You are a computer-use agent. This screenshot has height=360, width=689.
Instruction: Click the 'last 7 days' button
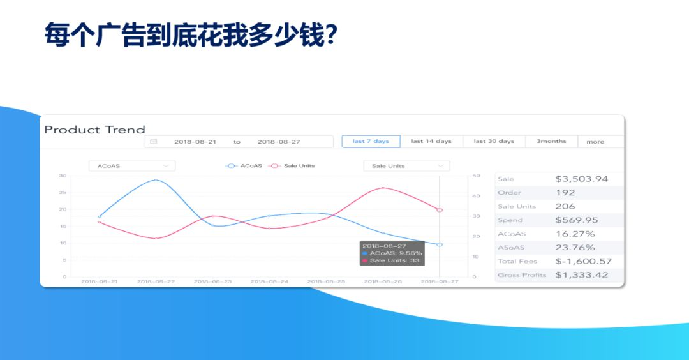[371, 142]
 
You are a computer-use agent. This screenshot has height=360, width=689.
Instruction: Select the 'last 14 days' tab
[431, 142]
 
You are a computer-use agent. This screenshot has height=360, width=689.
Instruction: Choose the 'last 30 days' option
[494, 142]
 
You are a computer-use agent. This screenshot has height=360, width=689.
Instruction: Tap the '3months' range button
[551, 142]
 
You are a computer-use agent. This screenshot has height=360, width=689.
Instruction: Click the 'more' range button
[595, 142]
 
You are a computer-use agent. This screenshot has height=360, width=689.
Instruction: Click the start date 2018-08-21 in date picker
[195, 142]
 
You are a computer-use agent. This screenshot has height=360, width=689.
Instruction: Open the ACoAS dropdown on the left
[132, 166]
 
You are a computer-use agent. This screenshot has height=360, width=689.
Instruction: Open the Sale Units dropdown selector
[407, 166]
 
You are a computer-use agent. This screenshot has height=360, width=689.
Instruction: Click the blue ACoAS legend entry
[244, 166]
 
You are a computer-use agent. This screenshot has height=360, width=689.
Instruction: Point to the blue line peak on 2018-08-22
[156, 180]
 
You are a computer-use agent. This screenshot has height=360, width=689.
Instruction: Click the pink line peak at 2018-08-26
[383, 188]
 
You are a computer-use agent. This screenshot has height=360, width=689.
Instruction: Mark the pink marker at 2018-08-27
[440, 210]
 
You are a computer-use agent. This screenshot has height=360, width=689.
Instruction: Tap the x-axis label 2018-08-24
[269, 281]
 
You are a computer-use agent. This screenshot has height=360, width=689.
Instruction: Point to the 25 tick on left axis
[63, 193]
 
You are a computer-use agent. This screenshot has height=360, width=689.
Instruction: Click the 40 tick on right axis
[477, 196]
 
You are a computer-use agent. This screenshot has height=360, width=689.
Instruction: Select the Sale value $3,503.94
[582, 179]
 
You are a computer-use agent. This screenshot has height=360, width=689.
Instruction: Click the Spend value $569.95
[577, 220]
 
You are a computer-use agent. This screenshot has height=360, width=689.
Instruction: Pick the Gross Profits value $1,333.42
[582, 275]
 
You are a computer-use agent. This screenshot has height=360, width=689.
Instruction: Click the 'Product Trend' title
[95, 130]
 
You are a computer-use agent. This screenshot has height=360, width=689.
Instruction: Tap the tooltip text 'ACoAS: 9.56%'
[396, 253]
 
